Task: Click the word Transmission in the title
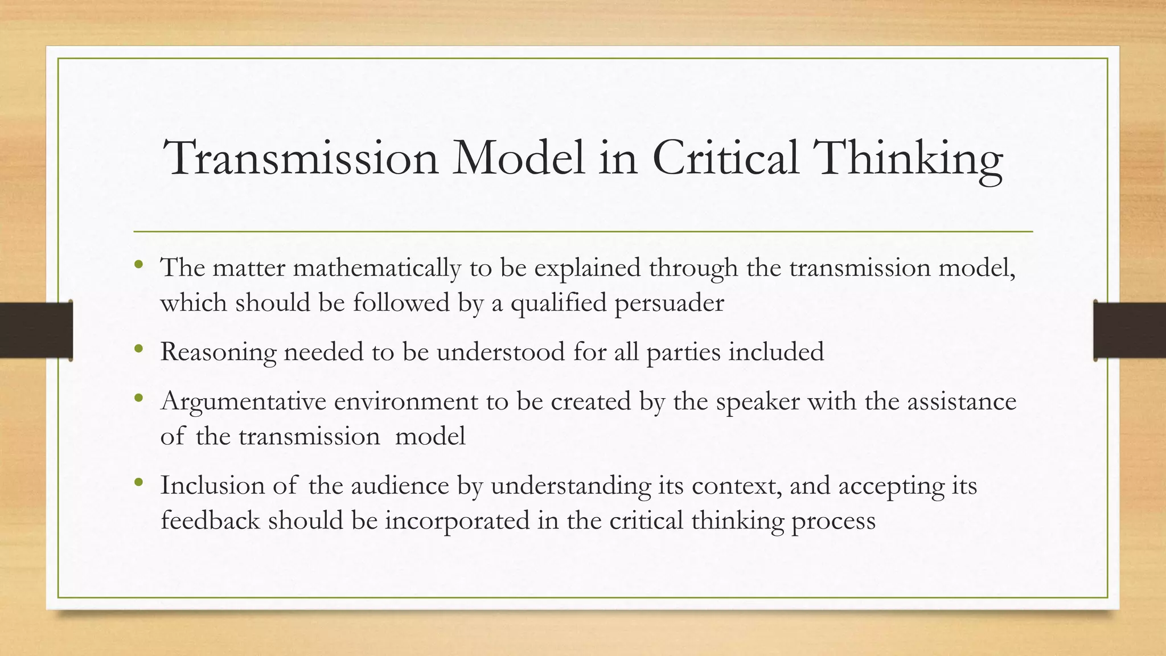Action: pos(301,158)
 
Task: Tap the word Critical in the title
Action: pos(725,158)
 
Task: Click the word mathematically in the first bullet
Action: pos(377,268)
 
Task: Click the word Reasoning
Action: pos(218,352)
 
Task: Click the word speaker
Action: pos(758,402)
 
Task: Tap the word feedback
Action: pos(210,520)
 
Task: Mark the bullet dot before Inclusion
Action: pos(138,482)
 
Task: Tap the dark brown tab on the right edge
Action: pos(1130,330)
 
